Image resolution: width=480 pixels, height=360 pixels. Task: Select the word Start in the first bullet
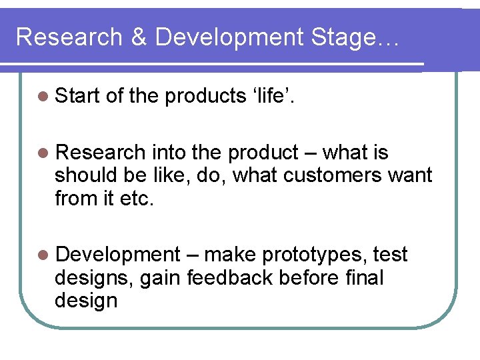77,97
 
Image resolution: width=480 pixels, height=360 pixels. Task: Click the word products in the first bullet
205,97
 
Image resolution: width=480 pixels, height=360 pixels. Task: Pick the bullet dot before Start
43,97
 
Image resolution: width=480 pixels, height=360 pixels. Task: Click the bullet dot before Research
43,153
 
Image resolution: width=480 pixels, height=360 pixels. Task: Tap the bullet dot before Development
43,255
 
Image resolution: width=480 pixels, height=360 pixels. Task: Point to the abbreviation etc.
136,199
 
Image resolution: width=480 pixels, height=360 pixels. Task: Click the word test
390,255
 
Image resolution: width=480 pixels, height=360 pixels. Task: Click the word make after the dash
231,255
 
